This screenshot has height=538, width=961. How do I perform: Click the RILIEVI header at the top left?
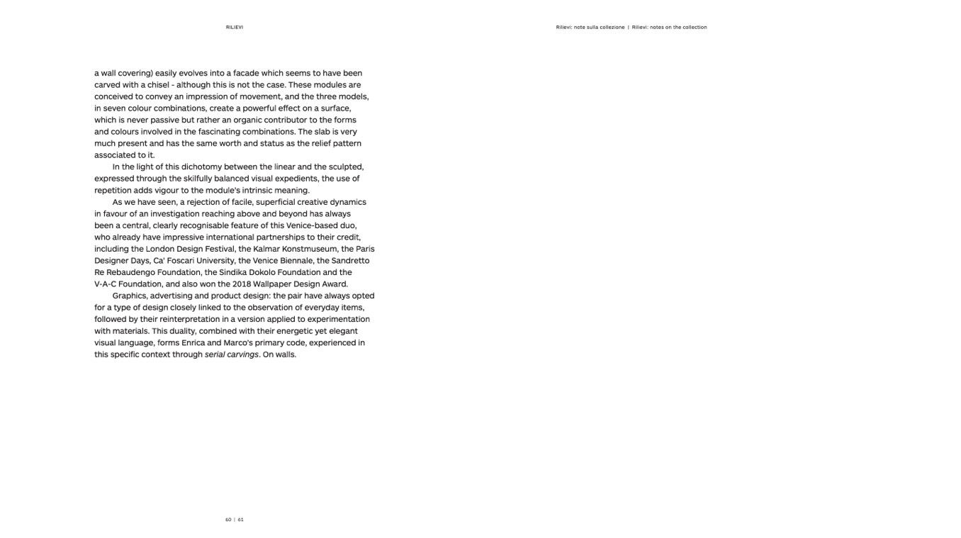point(234,28)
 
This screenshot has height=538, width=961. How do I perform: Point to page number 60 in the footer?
point(228,520)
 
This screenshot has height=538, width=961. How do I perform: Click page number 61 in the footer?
point(241,520)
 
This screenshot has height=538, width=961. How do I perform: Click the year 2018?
point(243,284)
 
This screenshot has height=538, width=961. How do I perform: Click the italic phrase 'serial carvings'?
point(232,354)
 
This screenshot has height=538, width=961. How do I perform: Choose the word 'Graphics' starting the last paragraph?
point(130,296)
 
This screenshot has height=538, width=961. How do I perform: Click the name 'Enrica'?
point(193,343)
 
